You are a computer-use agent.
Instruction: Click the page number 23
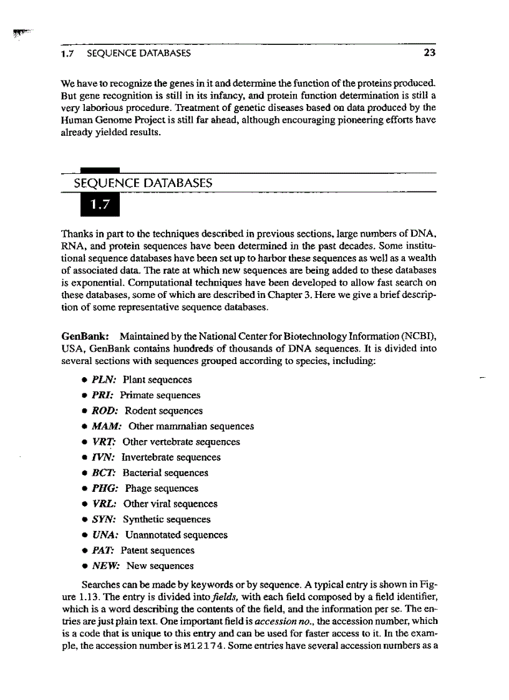click(x=429, y=53)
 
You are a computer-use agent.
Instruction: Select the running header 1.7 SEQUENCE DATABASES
click(x=125, y=53)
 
